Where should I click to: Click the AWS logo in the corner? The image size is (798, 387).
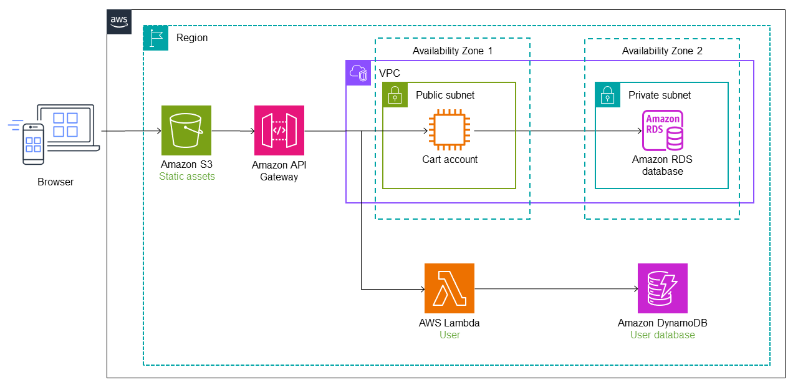(119, 22)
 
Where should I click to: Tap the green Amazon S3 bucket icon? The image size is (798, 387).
(186, 130)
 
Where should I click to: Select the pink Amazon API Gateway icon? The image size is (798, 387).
(279, 130)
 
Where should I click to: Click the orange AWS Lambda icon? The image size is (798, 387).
(449, 288)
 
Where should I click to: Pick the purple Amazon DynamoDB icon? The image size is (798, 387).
(663, 288)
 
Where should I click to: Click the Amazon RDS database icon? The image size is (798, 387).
(663, 130)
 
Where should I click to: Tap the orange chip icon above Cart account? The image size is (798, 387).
(450, 130)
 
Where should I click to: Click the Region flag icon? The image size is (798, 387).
(156, 38)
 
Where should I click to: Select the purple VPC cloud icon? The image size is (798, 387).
(358, 73)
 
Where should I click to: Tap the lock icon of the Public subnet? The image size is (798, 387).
(395, 95)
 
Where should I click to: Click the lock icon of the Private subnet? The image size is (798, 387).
(607, 95)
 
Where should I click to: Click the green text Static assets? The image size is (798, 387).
(186, 177)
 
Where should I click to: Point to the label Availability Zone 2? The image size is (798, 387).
(662, 51)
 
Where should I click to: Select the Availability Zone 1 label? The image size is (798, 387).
(453, 51)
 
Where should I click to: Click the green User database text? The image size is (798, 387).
(663, 335)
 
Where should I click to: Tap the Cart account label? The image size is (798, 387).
(450, 159)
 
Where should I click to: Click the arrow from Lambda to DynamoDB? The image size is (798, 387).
(555, 289)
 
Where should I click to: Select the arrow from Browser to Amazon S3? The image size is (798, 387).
(131, 131)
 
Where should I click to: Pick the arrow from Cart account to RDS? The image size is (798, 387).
(555, 131)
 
